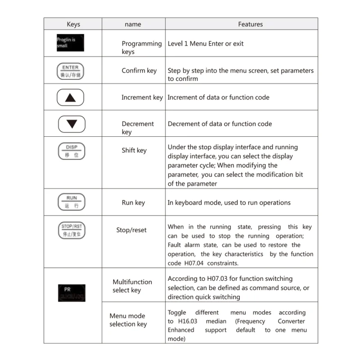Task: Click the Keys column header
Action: (73, 24)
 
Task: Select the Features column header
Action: (250, 24)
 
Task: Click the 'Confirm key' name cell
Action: (139, 71)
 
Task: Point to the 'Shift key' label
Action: (134, 150)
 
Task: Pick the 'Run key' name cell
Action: (133, 202)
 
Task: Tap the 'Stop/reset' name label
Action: (131, 230)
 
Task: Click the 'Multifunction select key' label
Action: (132, 286)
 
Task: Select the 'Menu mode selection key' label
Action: (128, 320)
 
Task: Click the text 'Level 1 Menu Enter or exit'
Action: (206, 44)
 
